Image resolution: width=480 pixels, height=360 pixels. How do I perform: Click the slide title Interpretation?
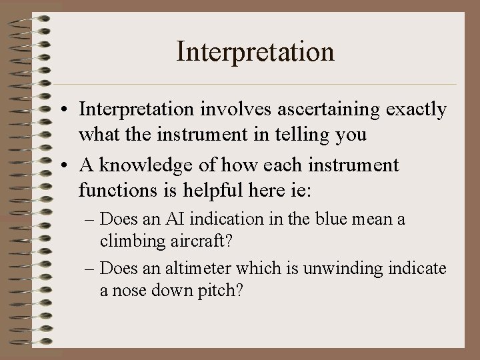[x=255, y=51]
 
